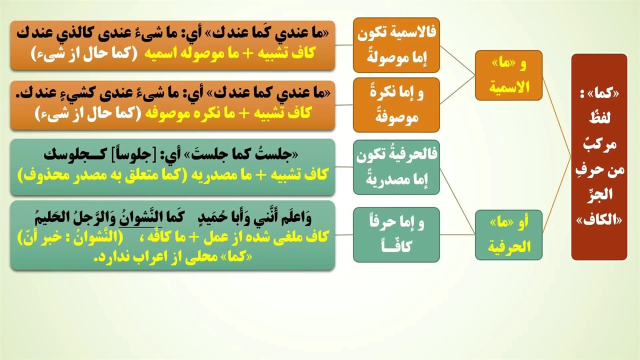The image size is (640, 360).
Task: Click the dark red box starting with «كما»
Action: [599, 157]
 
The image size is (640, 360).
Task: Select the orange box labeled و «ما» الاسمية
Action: [508, 75]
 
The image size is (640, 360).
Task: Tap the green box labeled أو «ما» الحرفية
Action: [508, 235]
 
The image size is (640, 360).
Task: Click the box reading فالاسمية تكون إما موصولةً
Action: [396, 45]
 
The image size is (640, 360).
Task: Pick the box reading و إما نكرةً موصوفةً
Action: [396, 105]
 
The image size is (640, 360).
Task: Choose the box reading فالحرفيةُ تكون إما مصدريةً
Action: [396, 167]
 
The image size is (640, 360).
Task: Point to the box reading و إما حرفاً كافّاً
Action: [396, 235]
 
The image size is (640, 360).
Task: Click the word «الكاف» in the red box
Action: [599, 220]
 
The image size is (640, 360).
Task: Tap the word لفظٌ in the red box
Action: [599, 117]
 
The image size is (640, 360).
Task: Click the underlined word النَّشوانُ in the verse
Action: [140, 218]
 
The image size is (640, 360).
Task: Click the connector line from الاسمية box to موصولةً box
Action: [457, 60]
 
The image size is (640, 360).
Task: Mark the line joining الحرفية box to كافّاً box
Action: [457, 235]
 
